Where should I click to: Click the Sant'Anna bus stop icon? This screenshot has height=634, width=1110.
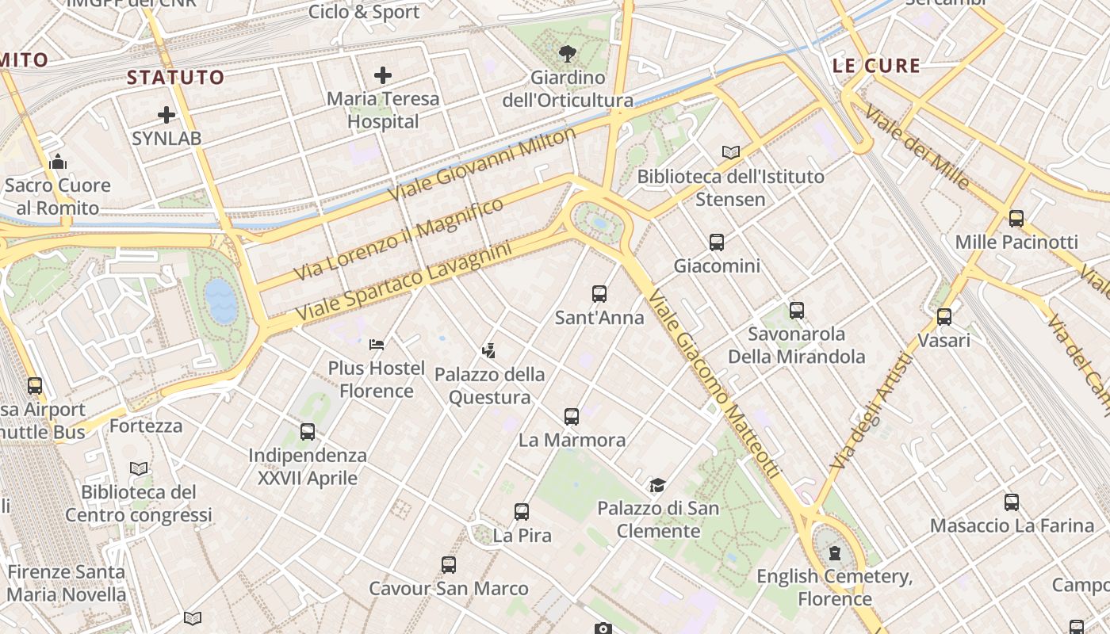(x=599, y=294)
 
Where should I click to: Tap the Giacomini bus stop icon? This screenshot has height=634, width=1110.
(x=717, y=243)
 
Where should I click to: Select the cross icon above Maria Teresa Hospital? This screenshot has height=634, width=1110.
(x=383, y=76)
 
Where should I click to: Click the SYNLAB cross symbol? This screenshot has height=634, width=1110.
(x=166, y=115)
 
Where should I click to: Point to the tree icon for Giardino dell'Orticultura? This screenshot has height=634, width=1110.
(x=567, y=54)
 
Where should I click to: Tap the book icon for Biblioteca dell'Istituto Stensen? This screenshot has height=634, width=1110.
(x=730, y=152)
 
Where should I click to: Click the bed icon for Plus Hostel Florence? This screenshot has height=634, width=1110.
(x=377, y=345)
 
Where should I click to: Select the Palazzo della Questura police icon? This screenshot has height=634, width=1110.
(x=489, y=350)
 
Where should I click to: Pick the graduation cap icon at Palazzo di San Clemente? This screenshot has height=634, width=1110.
(x=657, y=485)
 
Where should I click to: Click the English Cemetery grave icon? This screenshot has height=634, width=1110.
(x=834, y=552)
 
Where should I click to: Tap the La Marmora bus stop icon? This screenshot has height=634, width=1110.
(x=572, y=416)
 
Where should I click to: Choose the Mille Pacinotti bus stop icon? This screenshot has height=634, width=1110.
(x=1016, y=219)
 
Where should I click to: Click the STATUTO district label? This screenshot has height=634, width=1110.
(x=176, y=78)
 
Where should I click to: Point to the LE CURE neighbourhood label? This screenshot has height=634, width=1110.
(x=876, y=66)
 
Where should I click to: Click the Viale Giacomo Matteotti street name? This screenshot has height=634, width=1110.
(x=714, y=384)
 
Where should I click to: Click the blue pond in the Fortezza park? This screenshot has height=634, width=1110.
(x=221, y=301)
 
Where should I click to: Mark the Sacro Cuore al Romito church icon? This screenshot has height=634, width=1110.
(x=58, y=162)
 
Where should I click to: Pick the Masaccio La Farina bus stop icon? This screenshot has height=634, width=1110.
(x=1011, y=502)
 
